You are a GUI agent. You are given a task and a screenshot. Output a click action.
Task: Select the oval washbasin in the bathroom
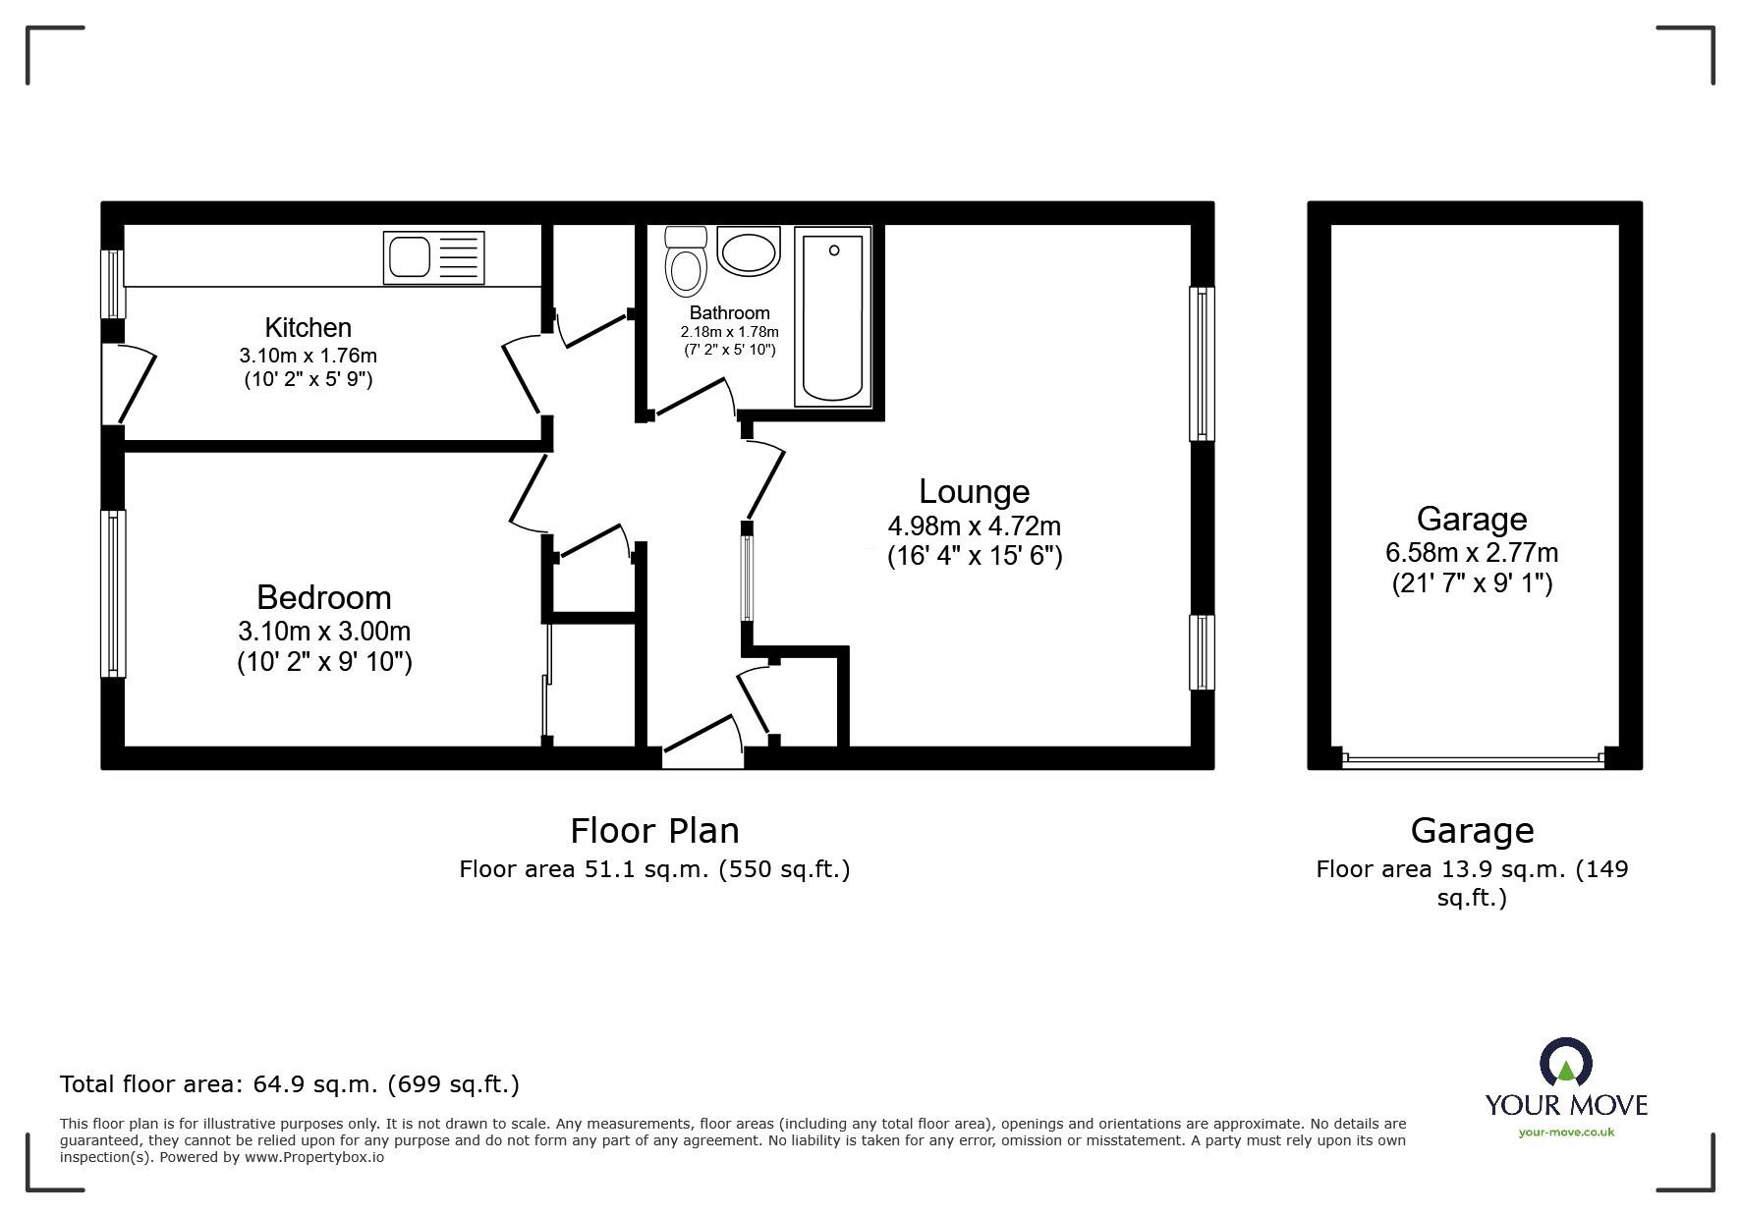coord(749,251)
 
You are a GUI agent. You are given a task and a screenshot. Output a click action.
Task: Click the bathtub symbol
coord(832,315)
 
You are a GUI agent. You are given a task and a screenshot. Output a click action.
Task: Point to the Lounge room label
coord(974,491)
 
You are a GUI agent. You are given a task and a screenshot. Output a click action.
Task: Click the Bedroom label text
coord(323,597)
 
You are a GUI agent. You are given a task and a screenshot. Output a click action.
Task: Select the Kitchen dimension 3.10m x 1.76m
coord(308,356)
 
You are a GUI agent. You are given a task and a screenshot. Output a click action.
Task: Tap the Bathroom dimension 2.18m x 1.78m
coord(730,332)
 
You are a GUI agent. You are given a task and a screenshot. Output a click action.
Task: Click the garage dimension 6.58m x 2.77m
coord(1471,552)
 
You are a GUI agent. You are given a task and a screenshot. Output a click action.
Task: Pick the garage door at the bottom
coord(1473,758)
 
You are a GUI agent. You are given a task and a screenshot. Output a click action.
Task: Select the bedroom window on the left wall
coord(114,593)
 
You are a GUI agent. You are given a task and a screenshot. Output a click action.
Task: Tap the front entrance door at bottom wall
coord(702,747)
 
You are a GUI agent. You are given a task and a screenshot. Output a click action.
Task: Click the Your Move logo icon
coord(1565,1065)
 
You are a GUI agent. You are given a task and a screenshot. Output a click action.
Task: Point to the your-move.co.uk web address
coord(1566,1133)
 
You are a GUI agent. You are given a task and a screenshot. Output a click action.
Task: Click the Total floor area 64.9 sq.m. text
coord(290,1084)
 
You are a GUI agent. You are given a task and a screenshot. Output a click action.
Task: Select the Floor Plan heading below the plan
coord(654,831)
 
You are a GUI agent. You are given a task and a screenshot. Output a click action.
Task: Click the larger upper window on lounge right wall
coord(1201,363)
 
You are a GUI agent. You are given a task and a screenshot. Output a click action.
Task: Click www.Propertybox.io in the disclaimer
coord(314,1157)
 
